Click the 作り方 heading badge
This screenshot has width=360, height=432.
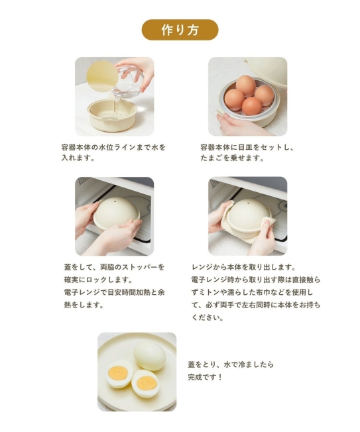180,30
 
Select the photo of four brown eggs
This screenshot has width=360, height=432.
247,96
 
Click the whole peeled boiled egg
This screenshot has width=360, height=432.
149,354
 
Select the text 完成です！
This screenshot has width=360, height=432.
206,377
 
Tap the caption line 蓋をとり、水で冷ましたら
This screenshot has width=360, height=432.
231,364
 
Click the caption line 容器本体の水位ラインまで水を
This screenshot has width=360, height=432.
113,146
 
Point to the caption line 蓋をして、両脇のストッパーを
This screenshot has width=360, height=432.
113,266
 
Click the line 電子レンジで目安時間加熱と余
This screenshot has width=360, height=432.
113,292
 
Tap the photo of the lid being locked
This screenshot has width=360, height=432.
114,216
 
